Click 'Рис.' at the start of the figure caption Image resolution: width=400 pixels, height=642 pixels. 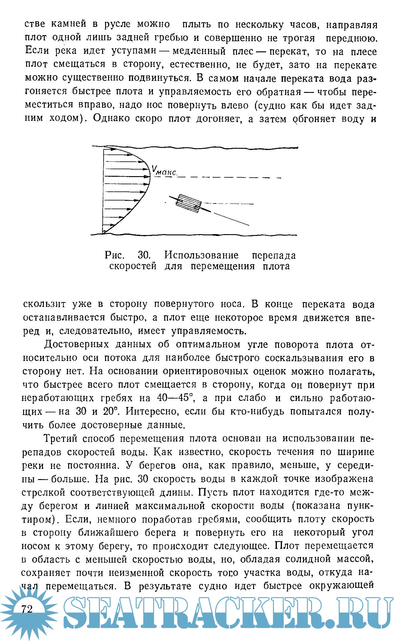[114, 255]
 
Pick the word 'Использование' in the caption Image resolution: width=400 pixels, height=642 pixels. [202, 255]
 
